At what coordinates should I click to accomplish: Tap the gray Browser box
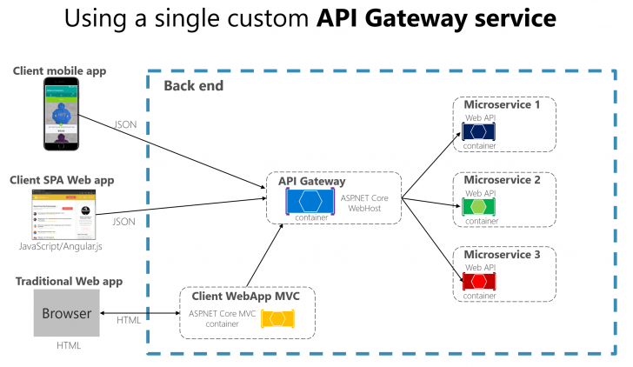click(x=67, y=313)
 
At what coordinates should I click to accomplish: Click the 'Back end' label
click(x=193, y=85)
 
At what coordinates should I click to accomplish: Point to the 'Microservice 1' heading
click(x=502, y=105)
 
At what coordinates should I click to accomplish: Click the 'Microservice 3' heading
click(x=502, y=255)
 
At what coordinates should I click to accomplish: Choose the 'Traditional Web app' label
click(x=69, y=281)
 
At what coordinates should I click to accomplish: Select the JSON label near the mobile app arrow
click(x=125, y=124)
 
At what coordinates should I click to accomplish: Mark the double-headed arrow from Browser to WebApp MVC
click(x=140, y=312)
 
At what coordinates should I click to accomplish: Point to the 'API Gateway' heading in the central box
click(x=310, y=181)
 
